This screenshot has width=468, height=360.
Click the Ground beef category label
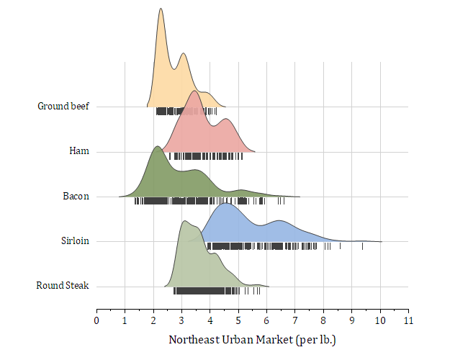[63, 107]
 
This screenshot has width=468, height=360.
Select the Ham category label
[79, 151]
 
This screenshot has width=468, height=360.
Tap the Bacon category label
[76, 196]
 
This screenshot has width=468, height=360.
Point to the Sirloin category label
[75, 240]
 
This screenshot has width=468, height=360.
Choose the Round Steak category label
[63, 286]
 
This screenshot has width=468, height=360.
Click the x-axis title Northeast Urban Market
[252, 339]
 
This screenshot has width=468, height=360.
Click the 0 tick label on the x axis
[96, 320]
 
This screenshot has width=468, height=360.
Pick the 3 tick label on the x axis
[181, 320]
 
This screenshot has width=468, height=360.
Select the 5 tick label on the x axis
[238, 320]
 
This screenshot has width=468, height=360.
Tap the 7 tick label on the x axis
[295, 320]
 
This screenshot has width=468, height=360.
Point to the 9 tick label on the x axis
[352, 320]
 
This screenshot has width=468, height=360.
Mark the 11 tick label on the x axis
[408, 320]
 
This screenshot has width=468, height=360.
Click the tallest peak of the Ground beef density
[161, 9]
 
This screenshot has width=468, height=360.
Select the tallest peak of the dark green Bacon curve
[157, 147]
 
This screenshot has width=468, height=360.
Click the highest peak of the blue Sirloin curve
[226, 204]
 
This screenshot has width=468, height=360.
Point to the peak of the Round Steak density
[185, 221]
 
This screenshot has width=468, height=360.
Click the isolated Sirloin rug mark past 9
[362, 246]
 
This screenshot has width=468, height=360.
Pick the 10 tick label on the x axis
[380, 320]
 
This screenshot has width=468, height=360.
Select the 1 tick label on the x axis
[125, 320]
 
